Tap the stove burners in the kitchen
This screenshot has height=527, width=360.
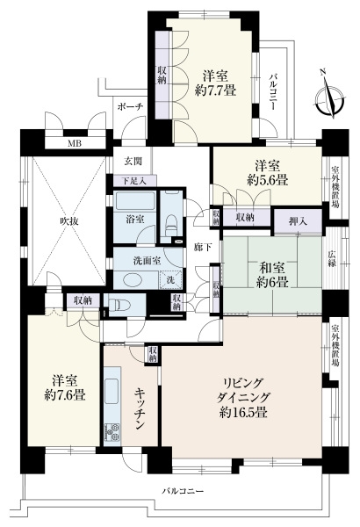click(x=112, y=431)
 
